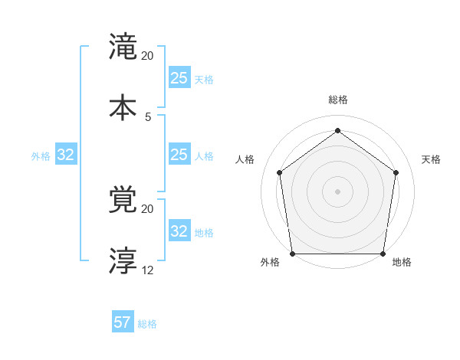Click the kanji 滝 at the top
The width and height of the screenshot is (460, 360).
(x=123, y=48)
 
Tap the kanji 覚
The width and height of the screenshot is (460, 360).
(x=123, y=201)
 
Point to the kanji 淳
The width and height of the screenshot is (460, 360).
(x=123, y=260)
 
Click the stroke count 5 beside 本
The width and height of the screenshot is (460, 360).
(x=148, y=116)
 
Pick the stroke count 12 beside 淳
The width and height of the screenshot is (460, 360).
(x=148, y=270)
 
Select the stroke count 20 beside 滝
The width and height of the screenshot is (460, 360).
(x=148, y=56)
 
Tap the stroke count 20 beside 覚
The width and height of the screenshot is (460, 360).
(x=148, y=209)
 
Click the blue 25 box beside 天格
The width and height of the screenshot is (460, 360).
(x=179, y=77)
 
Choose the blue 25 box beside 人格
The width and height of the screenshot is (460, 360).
(x=179, y=155)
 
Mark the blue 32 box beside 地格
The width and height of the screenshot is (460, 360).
(x=179, y=231)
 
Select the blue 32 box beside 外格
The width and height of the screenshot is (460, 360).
(x=66, y=155)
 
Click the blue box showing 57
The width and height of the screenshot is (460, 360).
(x=123, y=322)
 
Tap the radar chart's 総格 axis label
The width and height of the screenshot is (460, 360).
(x=338, y=100)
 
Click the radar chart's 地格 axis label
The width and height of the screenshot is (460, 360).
(x=402, y=263)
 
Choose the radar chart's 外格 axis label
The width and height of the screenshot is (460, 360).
(x=270, y=263)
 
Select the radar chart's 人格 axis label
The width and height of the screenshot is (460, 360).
(x=245, y=159)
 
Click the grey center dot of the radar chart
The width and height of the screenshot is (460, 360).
(x=337, y=191)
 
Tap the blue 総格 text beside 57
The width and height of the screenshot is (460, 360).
(x=147, y=324)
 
